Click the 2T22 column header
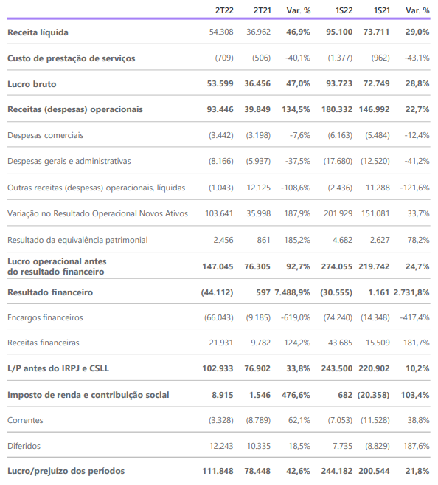point(224,10)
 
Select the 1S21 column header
point(382,10)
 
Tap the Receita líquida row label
point(38,32)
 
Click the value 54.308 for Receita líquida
point(221,32)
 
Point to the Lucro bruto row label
point(32,84)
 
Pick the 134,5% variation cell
point(296,109)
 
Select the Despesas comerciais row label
point(46,136)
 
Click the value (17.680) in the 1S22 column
point(338,161)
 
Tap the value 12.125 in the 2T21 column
point(259,188)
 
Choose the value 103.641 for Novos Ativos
point(219,213)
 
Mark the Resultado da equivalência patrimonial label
point(77,240)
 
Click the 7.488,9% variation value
point(292,292)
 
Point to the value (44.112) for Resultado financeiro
point(217,292)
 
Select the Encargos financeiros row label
point(45,317)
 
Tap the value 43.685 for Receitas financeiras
point(340,343)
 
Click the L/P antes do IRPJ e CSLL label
point(58,368)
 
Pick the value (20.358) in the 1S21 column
point(373,395)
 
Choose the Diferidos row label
point(24,446)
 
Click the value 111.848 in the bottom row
point(218,471)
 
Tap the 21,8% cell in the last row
point(417,471)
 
